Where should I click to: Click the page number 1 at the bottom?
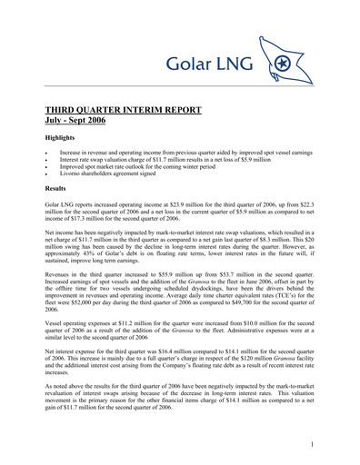312,444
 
